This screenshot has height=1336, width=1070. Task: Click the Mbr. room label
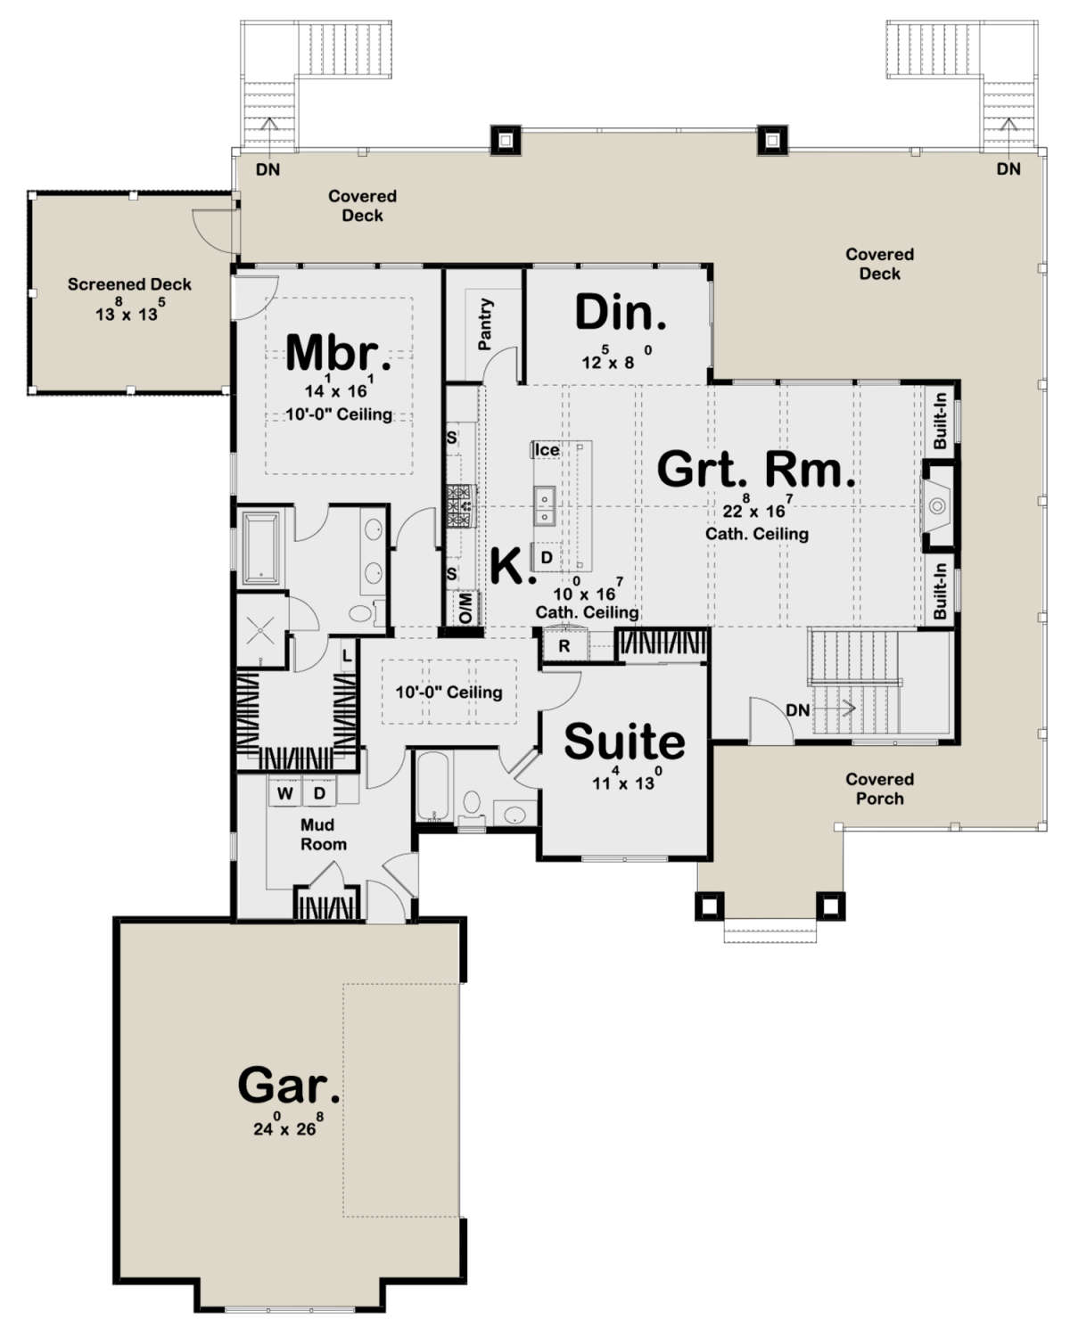338,353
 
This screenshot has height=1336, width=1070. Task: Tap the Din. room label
620,314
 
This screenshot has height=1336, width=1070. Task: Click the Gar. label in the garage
288,1086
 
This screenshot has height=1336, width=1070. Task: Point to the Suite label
624,742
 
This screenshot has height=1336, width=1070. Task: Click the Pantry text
485,324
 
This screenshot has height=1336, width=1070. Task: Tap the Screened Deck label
129,284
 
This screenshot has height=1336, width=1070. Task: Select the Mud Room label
323,834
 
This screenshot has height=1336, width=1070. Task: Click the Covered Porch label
879,789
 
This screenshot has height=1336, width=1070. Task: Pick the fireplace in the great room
936,506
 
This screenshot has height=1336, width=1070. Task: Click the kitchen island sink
544,506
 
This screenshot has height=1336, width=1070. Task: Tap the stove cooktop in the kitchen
461,506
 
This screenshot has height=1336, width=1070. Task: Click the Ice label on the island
547,450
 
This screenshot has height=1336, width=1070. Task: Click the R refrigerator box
564,646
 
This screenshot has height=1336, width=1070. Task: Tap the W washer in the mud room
285,792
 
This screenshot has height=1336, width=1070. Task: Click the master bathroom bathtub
261,547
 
